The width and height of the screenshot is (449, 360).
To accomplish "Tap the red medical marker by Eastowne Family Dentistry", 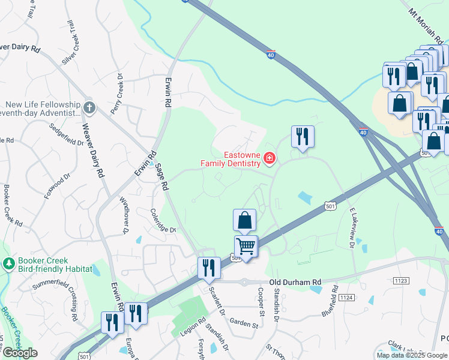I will tap(270, 159).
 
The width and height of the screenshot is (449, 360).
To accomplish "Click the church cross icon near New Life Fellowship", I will tap(89, 108).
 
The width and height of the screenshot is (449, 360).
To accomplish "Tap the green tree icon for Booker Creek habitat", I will tap(9, 263).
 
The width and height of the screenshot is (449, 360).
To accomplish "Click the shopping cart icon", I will tap(246, 246).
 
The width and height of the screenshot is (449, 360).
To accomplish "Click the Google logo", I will tap(20, 353).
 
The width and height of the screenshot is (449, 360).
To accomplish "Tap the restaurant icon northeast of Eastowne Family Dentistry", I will tap(303, 137).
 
